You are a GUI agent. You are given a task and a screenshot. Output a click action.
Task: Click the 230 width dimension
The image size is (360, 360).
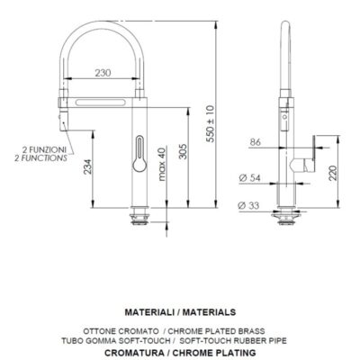click(103, 73)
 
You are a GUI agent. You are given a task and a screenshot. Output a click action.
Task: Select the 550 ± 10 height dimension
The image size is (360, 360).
click(211, 123)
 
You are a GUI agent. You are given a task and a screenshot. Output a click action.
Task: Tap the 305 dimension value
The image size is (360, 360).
click(183, 152)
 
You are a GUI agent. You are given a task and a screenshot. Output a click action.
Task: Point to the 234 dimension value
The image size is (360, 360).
click(87, 166)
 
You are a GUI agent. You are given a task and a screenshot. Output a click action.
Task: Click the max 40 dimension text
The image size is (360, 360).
click(162, 165)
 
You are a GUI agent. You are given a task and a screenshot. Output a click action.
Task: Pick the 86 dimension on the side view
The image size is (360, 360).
click(256, 142)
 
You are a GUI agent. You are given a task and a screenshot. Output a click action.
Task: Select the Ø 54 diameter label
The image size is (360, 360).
click(249, 178)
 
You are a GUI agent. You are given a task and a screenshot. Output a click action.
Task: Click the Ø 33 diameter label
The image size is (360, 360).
click(248, 206)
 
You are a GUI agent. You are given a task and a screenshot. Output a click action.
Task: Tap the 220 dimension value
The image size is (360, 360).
click(333, 173)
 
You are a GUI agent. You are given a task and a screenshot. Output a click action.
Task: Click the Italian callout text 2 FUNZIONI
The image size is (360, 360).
click(44, 149)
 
